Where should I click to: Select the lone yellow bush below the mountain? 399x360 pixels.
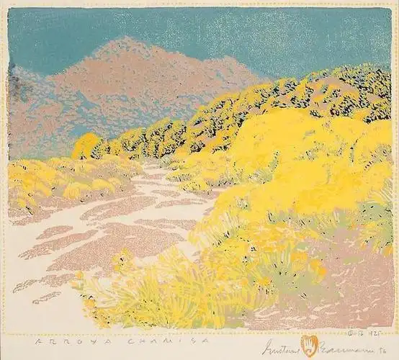(86, 146)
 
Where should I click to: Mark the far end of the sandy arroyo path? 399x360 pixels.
(148, 164)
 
